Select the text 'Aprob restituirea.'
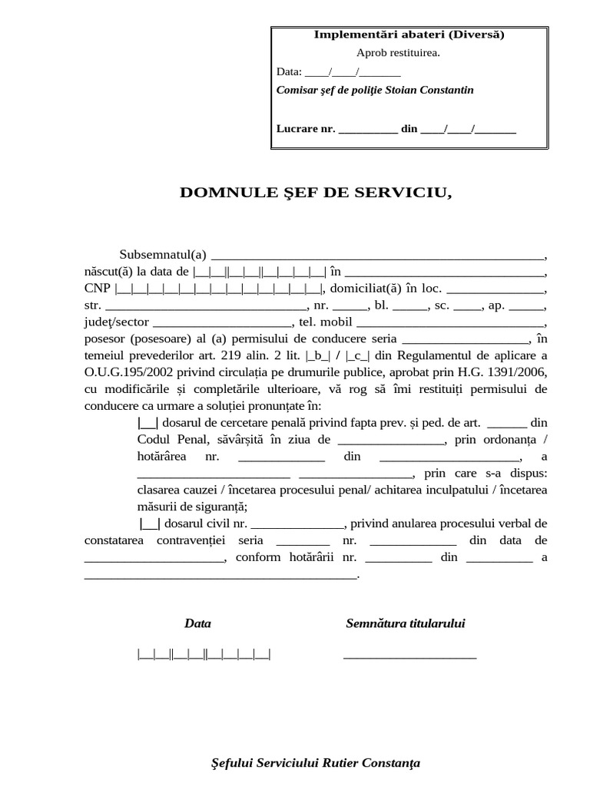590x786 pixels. [x=398, y=53]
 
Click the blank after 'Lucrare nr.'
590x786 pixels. [x=368, y=129]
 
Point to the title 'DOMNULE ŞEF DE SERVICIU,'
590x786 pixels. [x=316, y=193]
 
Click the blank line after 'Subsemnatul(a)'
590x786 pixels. [x=377, y=256]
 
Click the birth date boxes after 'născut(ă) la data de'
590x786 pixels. [x=260, y=272]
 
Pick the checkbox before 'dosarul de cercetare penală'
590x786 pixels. [x=147, y=423]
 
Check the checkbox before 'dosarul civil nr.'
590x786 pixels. [x=151, y=524]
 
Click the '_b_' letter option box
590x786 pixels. [x=317, y=356]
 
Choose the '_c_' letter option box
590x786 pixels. [x=358, y=356]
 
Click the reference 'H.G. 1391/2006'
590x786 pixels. [x=509, y=373]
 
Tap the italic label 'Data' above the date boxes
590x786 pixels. [x=197, y=624]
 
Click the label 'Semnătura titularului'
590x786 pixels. [x=405, y=624]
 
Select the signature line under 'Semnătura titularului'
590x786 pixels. [x=409, y=656]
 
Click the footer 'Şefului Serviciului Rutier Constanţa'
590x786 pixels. [x=316, y=764]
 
